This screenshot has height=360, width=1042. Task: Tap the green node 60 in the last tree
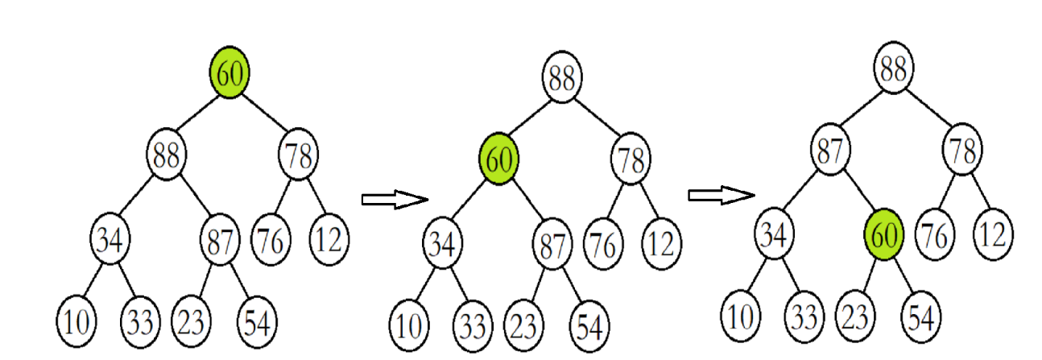click(x=884, y=235)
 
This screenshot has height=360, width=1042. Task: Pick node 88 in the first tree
click(x=166, y=154)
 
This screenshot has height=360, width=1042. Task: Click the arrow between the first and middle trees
click(x=394, y=200)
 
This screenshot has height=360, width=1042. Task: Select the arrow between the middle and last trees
click(x=721, y=194)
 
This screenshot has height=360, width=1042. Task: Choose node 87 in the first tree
click(x=220, y=238)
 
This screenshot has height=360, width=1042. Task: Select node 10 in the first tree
click(x=76, y=322)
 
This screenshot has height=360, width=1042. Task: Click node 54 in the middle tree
click(x=589, y=326)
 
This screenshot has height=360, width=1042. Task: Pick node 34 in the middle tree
click(x=442, y=243)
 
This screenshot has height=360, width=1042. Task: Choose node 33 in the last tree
click(x=800, y=315)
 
